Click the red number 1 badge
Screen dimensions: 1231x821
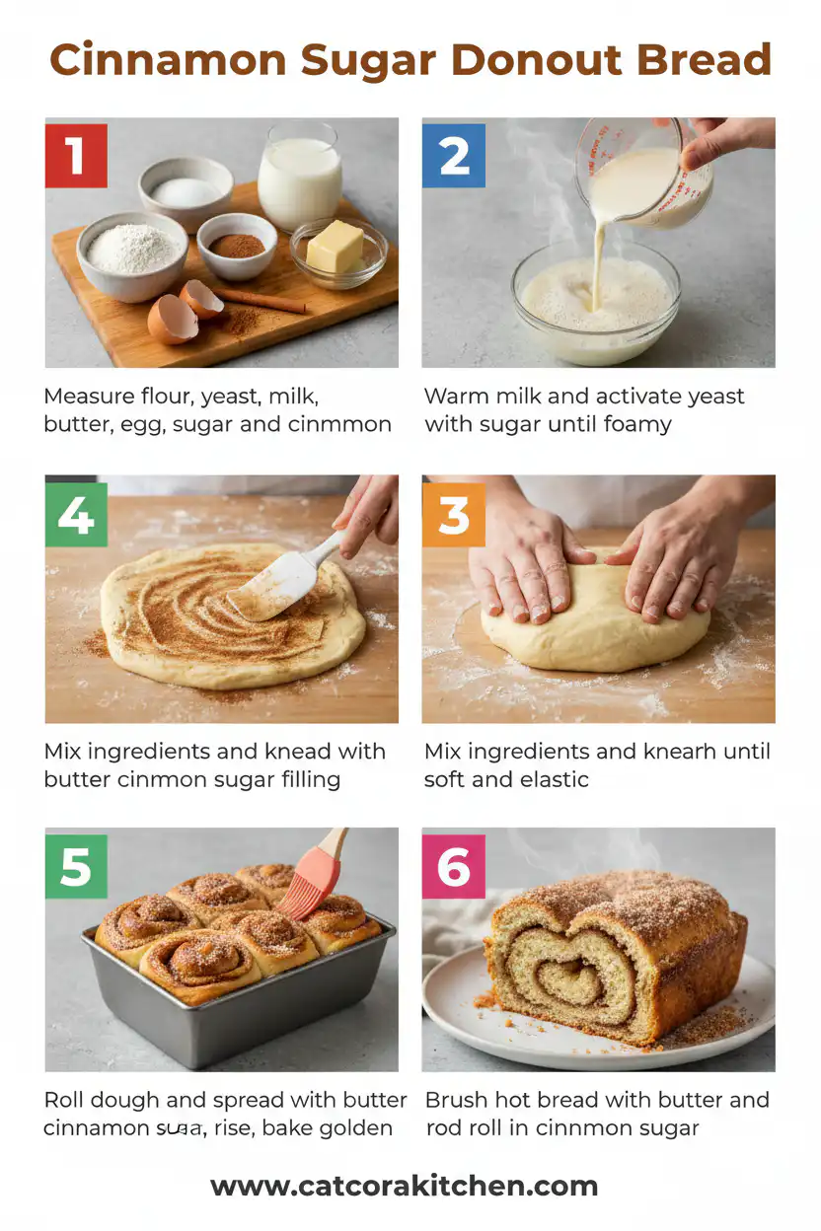click(76, 156)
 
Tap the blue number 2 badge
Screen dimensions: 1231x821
click(454, 156)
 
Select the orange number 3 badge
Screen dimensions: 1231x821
click(454, 515)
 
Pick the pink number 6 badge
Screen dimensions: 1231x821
click(454, 867)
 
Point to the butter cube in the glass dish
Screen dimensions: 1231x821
click(336, 246)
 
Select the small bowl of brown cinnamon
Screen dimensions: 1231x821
click(237, 245)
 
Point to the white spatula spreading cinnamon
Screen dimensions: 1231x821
click(281, 582)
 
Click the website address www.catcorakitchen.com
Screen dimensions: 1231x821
click(404, 1186)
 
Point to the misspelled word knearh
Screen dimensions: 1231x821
click(690, 752)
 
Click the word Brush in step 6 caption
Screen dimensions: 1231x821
click(457, 1100)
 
